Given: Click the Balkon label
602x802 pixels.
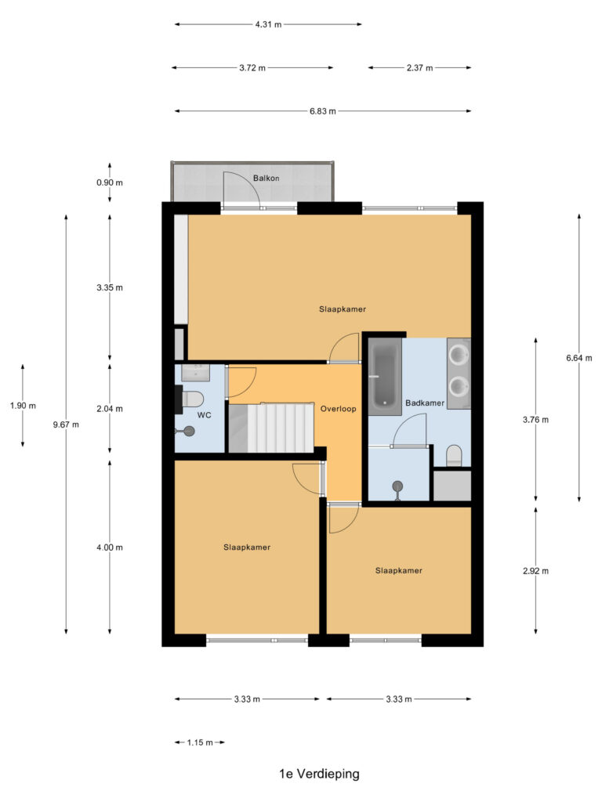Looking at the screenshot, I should tap(266, 179).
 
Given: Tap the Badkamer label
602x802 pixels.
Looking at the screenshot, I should tap(425, 403).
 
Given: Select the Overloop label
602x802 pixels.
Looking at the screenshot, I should tap(339, 409).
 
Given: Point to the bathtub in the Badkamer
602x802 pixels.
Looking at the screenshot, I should tap(383, 374).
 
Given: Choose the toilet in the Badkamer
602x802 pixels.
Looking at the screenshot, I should tap(453, 455).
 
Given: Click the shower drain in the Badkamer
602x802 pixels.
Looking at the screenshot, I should tap(397, 487).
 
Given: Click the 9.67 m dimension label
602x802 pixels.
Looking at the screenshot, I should tap(66, 424).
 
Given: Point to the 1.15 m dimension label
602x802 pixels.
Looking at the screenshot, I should tap(200, 742).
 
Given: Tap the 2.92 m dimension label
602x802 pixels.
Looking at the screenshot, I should tap(535, 571).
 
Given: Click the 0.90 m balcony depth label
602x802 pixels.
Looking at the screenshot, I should tap(110, 182).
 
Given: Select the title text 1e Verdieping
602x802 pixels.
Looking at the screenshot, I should tap(319, 774).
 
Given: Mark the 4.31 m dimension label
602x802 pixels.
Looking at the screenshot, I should tap(268, 24).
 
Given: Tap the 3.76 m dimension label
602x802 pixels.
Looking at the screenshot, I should tap(535, 419).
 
